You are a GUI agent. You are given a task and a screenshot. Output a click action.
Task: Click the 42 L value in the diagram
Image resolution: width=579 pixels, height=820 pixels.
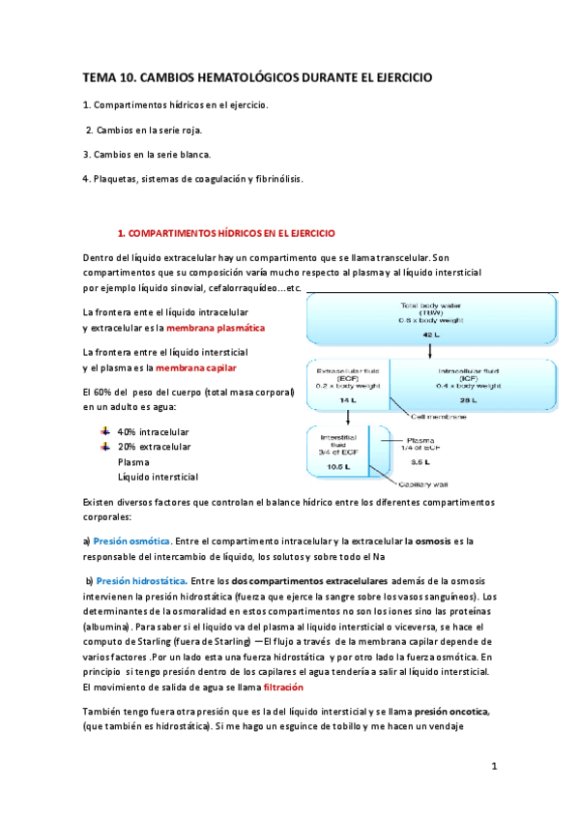[x=431, y=333]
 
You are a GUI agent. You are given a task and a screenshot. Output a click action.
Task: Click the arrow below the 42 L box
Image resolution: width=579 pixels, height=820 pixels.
[x=431, y=353]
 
